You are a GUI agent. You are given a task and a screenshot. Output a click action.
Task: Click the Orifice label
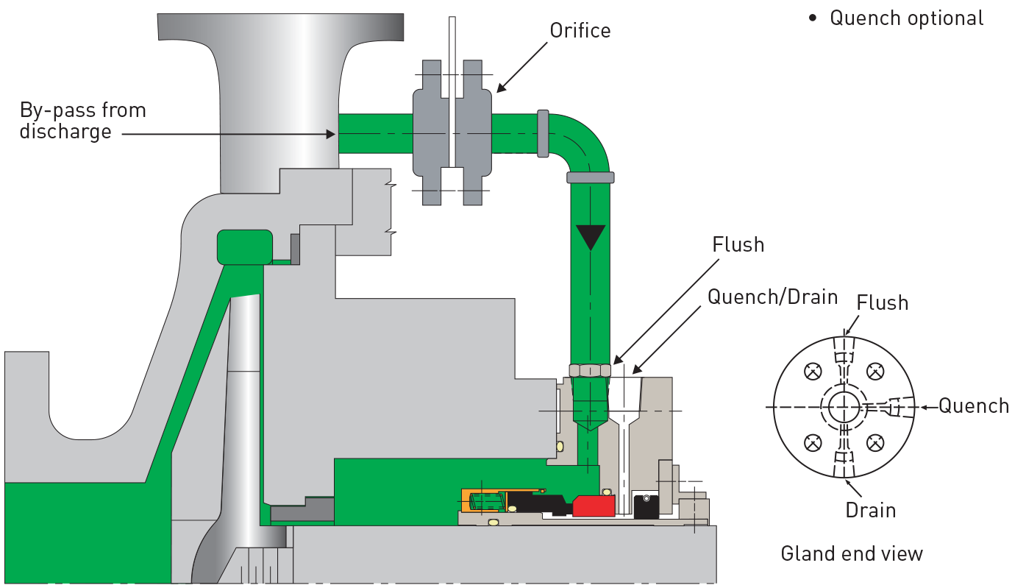coord(580,31)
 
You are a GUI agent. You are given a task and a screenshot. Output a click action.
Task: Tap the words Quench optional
coord(906,18)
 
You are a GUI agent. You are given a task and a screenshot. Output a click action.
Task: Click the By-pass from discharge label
coord(83,121)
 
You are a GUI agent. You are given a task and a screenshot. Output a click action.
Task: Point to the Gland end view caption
coord(852,553)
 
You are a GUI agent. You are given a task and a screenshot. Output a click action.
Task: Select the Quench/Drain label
coord(773,297)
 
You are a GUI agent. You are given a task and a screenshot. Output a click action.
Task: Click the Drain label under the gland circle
coord(870,510)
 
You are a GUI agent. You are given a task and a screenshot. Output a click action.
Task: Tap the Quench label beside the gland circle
coord(974,406)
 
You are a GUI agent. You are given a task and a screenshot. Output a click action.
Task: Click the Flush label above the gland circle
coord(882,303)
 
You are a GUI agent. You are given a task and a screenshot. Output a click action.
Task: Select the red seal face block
coord(594,506)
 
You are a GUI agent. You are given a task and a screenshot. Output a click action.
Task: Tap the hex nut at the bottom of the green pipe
coord(590,370)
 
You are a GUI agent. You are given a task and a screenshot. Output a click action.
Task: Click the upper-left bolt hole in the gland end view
coord(813,371)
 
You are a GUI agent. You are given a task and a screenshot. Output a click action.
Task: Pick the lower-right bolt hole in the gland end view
coord(874,443)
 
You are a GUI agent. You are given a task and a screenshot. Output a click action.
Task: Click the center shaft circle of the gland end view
coord(844,407)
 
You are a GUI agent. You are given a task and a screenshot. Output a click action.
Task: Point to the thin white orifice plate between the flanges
coord(452,92)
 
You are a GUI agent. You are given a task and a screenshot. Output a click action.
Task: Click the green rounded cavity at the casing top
coord(245,247)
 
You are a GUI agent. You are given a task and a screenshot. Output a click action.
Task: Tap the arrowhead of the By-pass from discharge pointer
coord(331,134)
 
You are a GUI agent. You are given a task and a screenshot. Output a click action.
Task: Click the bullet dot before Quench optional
coord(813,18)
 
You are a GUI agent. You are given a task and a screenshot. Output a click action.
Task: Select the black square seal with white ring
coord(646,506)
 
